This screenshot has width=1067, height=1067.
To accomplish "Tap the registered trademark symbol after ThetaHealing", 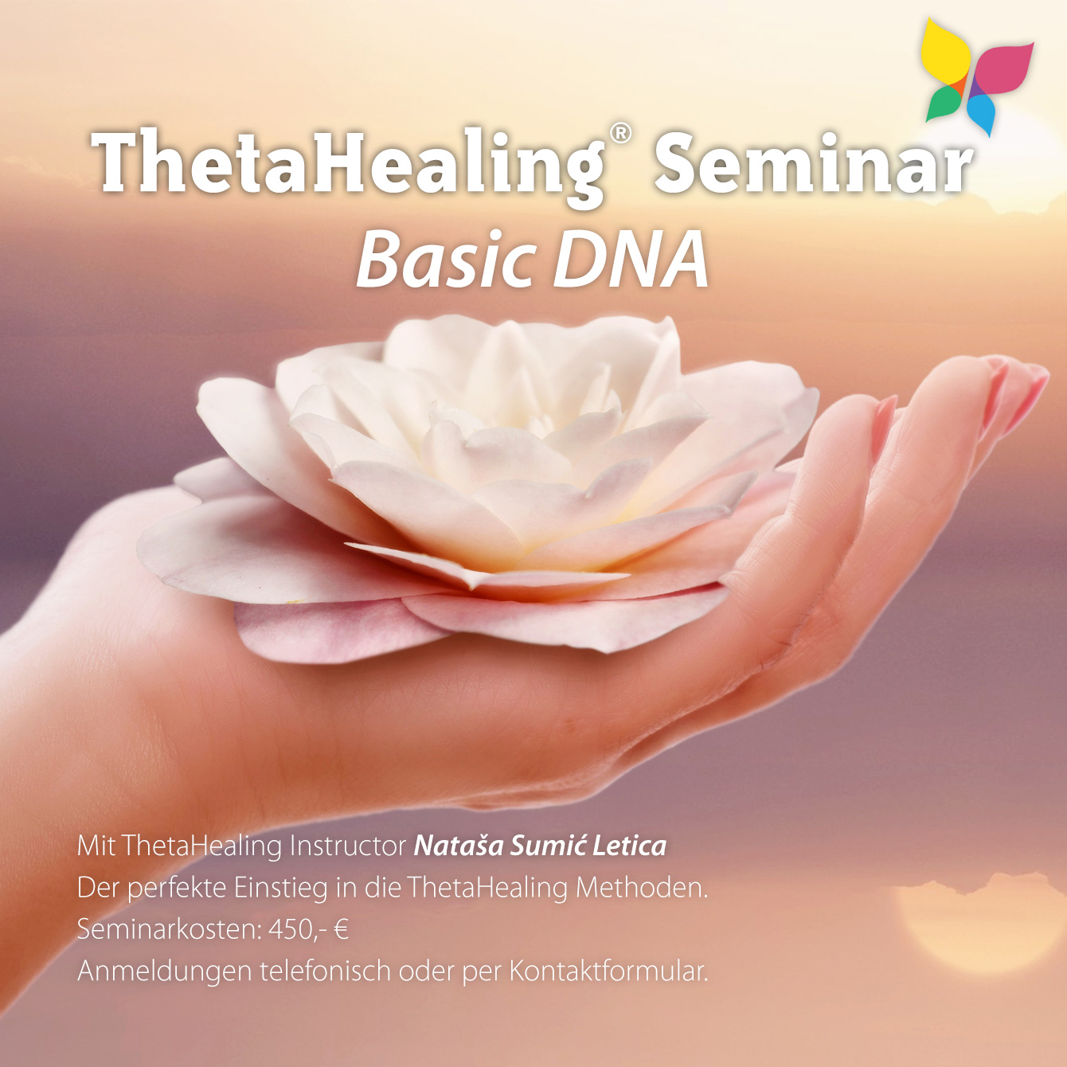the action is tap(619, 133).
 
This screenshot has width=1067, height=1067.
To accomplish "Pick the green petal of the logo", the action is tap(944, 104).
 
